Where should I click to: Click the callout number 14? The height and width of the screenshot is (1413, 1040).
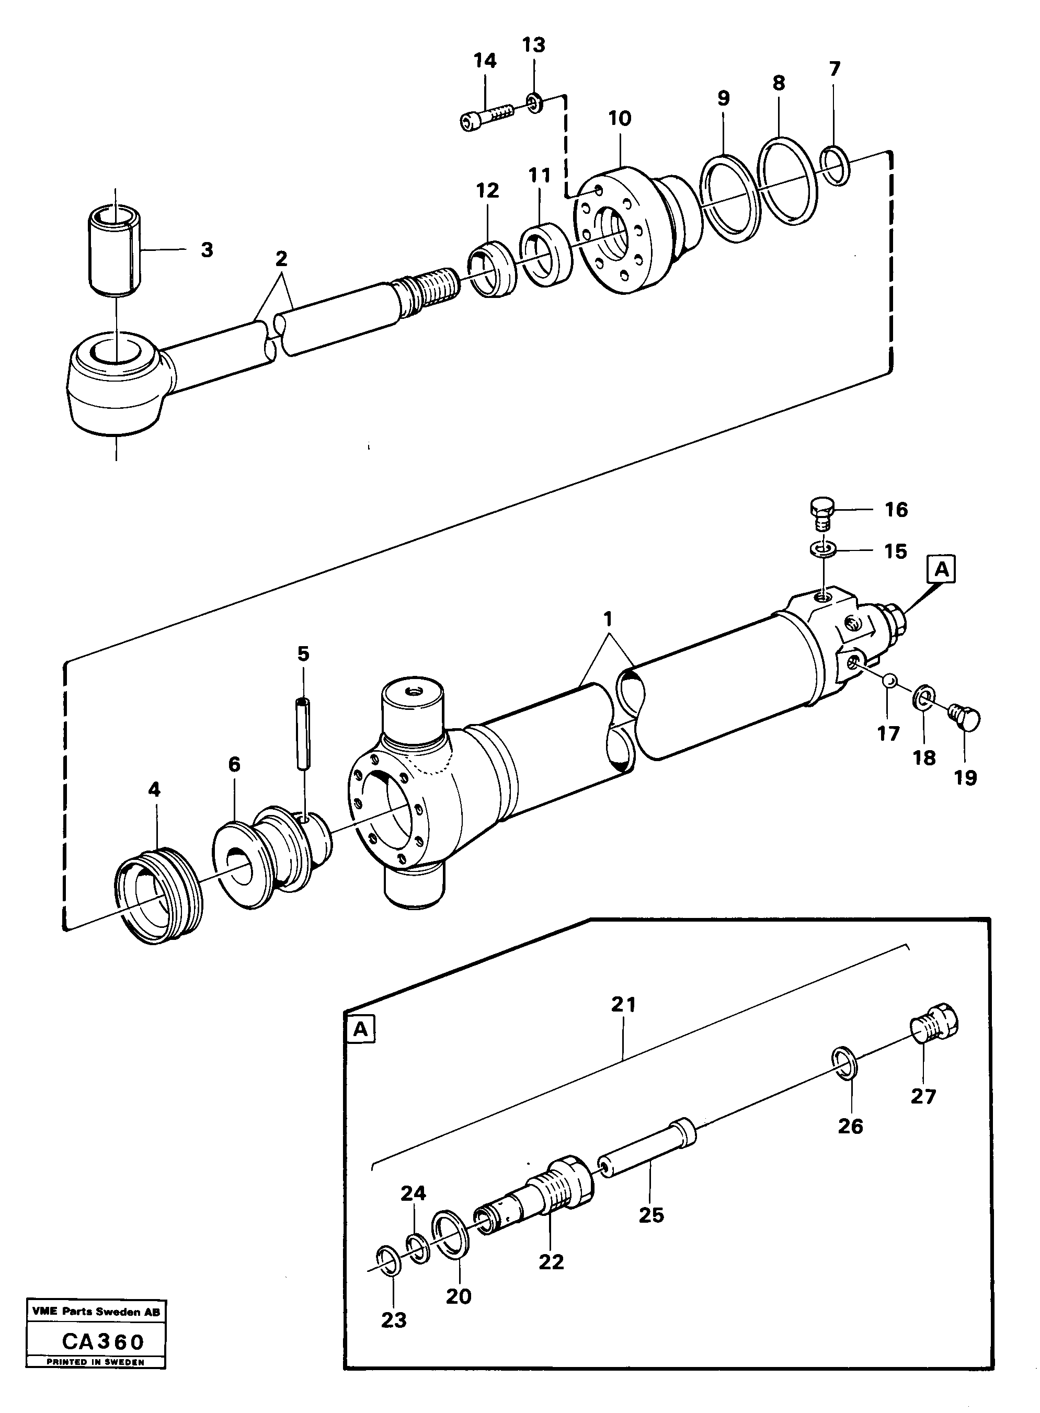485,61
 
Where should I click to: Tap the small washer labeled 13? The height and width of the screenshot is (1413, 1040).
534,102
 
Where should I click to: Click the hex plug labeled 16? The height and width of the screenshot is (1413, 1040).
821,513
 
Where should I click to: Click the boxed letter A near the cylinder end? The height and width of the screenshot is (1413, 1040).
941,569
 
